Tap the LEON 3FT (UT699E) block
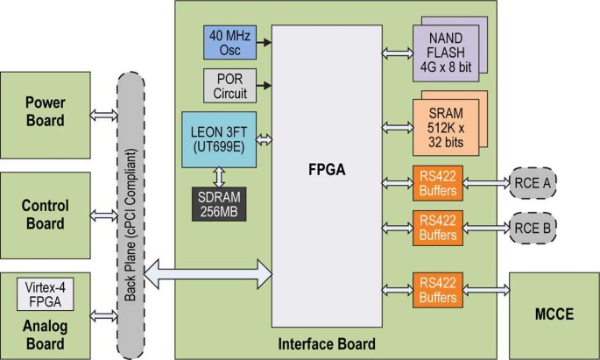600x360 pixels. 218,138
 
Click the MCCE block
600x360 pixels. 554,312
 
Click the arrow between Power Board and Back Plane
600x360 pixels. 103,116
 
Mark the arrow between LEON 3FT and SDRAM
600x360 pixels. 218,177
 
